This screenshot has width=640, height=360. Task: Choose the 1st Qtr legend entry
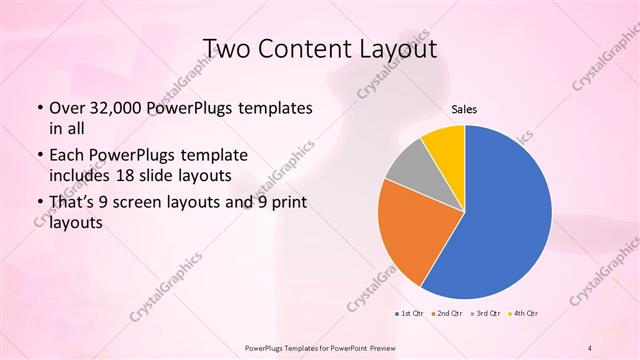[409, 313]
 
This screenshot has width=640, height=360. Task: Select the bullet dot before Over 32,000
[39, 108]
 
